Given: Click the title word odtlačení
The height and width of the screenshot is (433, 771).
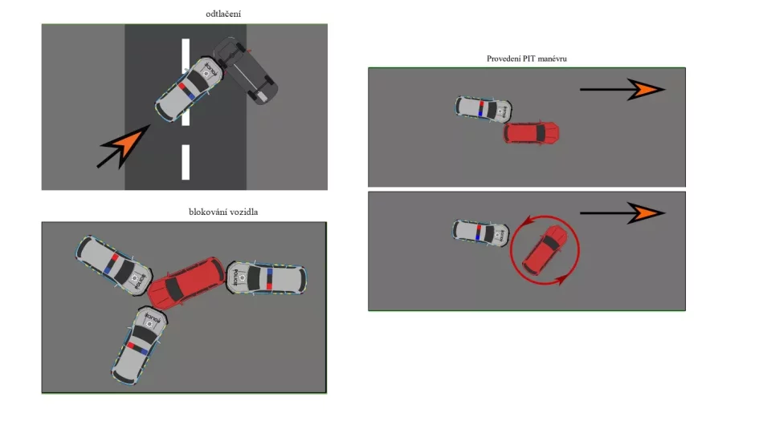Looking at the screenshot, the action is (223, 14).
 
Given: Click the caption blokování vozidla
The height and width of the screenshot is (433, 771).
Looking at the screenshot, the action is (223, 212).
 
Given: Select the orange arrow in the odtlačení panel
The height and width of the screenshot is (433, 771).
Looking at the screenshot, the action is (124, 146).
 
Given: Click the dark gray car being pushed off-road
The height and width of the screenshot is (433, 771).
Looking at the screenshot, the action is (246, 70).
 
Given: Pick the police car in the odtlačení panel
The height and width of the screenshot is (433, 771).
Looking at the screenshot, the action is (189, 89).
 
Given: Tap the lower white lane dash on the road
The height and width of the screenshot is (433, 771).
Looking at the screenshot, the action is (186, 162).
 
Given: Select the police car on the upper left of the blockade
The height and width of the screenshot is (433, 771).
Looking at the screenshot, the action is (113, 265).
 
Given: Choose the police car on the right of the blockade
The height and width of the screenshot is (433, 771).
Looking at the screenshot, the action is (266, 278).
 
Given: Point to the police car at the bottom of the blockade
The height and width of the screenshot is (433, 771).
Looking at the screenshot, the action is (139, 346).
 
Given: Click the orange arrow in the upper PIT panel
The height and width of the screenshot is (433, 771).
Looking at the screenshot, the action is (622, 89).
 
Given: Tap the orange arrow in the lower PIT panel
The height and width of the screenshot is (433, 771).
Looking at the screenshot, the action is (622, 213).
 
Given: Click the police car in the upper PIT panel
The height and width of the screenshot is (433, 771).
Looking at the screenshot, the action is (483, 109).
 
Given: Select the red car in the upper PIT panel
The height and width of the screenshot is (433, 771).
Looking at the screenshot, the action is (531, 133).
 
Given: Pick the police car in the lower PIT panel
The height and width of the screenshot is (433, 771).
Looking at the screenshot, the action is (481, 233).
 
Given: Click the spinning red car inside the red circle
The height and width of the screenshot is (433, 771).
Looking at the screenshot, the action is (545, 250).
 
